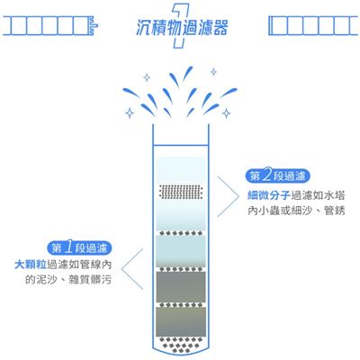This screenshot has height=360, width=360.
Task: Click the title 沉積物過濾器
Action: click(x=182, y=28)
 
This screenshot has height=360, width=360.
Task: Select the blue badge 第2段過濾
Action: click(x=277, y=176)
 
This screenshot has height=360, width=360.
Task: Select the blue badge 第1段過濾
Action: click(x=79, y=248)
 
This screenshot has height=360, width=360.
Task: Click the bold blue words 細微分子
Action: click(x=269, y=195)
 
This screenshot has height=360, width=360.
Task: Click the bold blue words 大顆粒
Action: click(x=31, y=265)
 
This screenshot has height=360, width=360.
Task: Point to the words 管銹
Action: click(x=335, y=211)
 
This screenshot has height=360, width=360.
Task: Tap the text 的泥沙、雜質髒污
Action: click(x=68, y=280)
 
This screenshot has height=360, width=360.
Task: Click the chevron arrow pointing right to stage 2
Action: click(x=228, y=196)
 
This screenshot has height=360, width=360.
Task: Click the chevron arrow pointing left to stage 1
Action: click(x=132, y=269)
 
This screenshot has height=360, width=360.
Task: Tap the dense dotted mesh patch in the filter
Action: click(x=181, y=192)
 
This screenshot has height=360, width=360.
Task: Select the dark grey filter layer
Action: click(x=181, y=287)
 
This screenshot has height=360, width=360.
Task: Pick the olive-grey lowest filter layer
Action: click(x=181, y=321)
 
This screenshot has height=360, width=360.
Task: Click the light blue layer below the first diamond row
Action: click(x=181, y=250)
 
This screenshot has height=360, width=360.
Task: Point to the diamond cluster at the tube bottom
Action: click(x=181, y=345)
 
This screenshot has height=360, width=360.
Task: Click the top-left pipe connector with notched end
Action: click(x=50, y=26)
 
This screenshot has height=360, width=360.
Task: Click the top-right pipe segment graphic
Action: click(x=314, y=26)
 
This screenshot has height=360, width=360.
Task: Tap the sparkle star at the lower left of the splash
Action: click(x=130, y=113)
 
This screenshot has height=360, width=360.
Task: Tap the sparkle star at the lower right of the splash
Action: click(x=226, y=113)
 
